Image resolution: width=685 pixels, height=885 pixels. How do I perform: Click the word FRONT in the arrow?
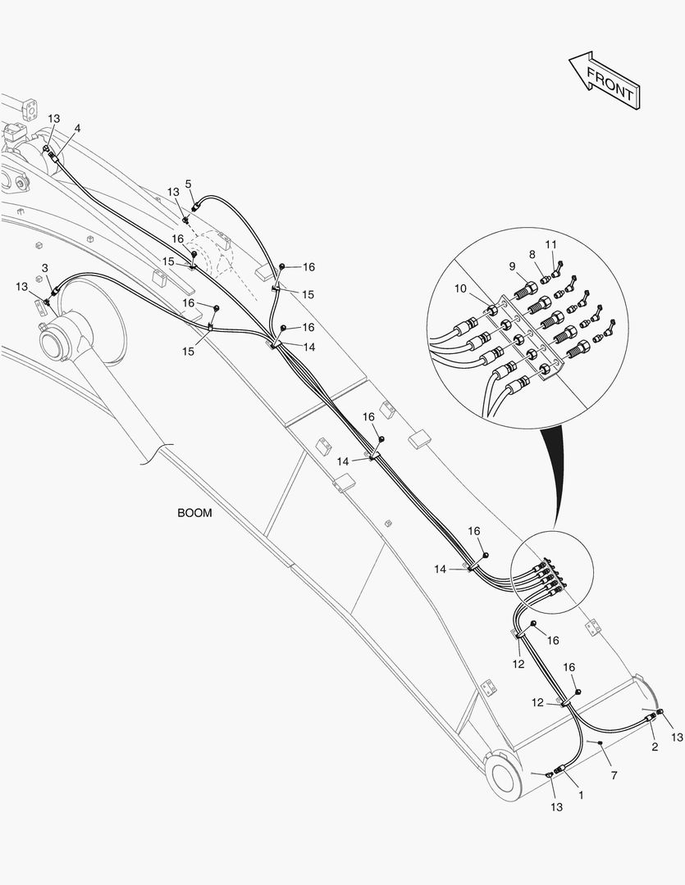(x=610, y=83)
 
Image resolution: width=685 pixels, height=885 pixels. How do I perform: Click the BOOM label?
(x=195, y=513)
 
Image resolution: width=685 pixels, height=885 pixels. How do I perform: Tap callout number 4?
(x=77, y=128)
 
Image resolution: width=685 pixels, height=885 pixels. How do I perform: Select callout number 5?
(x=188, y=184)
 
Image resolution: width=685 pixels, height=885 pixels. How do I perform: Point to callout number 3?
(x=44, y=267)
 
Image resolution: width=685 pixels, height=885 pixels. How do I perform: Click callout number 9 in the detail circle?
(x=512, y=266)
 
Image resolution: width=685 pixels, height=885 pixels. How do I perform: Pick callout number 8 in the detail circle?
(x=532, y=255)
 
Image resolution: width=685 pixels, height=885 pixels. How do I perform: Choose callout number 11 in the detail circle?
(x=551, y=244)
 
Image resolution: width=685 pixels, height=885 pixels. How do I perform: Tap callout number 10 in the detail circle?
(x=460, y=289)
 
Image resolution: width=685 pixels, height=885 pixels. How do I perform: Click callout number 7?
(x=614, y=775)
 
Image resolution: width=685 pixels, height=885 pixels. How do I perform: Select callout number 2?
(x=655, y=747)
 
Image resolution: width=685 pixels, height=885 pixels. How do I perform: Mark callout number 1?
(x=581, y=795)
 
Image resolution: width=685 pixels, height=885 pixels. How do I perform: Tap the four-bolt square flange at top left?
(x=30, y=109)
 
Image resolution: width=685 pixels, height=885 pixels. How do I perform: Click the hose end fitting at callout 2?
(x=650, y=718)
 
